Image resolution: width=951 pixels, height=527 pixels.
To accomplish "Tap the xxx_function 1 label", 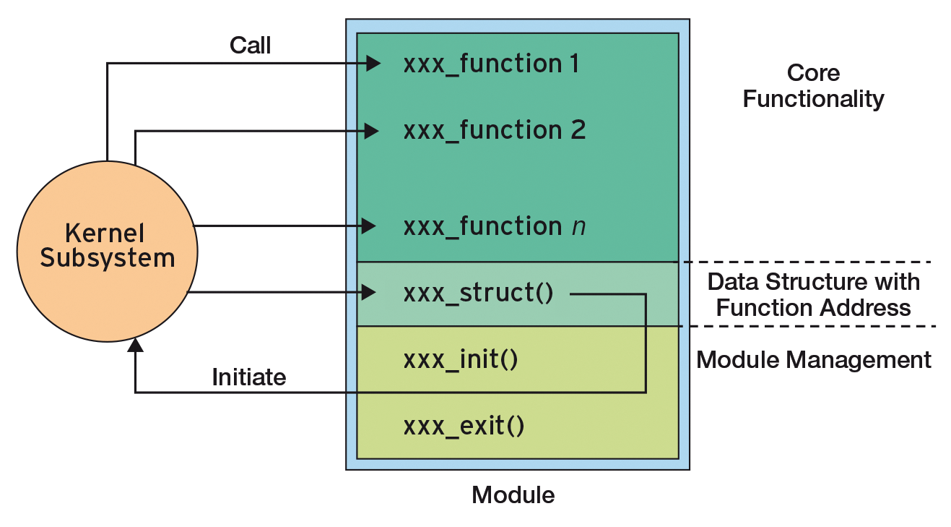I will pos(491,64).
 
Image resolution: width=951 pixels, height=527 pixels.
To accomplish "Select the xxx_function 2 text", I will pos(494,131).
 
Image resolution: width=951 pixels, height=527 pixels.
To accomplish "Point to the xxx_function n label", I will pos(494,227).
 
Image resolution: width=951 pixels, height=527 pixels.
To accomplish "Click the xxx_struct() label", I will pos(478,294).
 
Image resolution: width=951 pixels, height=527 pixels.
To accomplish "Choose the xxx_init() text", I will pos(461,359).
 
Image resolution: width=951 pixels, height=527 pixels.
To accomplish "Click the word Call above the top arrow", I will pos(250,46).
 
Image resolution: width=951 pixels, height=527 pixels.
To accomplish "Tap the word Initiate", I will pos(248,377).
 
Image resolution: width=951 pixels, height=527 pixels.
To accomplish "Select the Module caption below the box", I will pos(513,495).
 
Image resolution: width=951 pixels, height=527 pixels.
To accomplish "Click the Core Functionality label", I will pos(813,85).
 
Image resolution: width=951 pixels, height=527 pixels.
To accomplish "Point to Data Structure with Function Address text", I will pos(813,294).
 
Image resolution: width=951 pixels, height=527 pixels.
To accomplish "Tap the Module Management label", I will pos(813,359).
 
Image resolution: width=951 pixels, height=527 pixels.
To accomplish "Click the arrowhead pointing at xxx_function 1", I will pos(373,64).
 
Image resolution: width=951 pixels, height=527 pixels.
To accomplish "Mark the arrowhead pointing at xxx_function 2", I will pos(372,131).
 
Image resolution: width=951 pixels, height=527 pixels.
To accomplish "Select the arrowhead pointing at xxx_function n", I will pos(369,226).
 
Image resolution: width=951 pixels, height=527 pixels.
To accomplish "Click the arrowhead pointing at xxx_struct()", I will pos(369,293).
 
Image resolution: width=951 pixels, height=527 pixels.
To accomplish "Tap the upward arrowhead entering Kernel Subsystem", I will pos(135,346).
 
